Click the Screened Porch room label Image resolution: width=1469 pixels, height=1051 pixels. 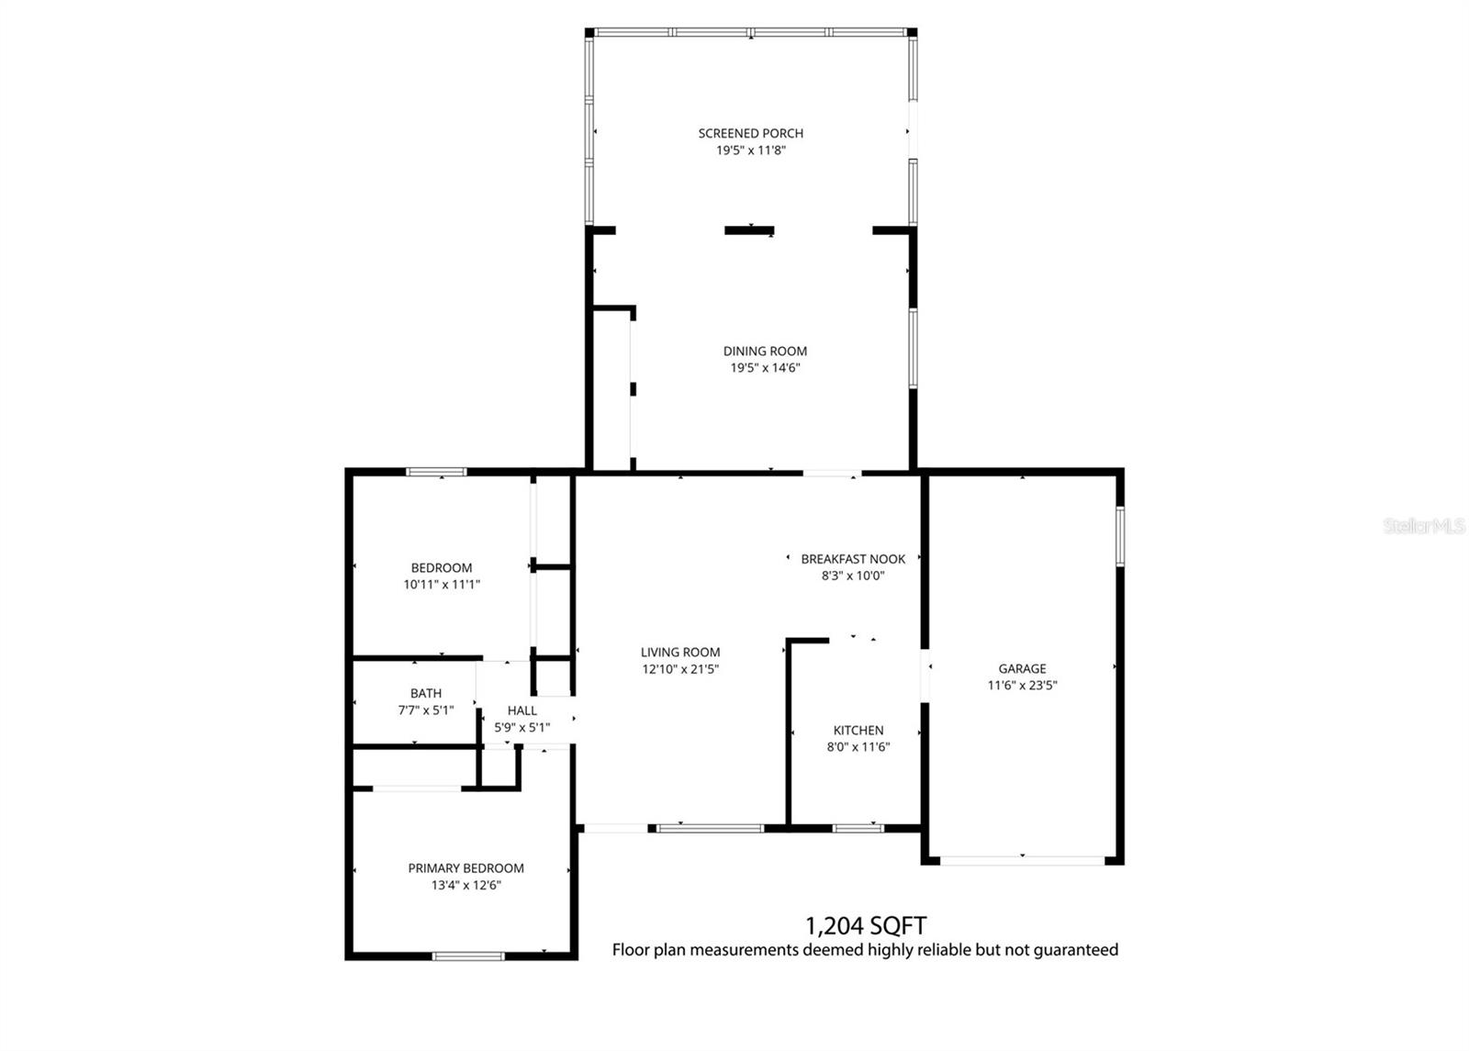point(750,133)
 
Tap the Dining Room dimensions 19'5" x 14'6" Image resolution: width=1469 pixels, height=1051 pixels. point(765,368)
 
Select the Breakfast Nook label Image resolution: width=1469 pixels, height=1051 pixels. point(853,559)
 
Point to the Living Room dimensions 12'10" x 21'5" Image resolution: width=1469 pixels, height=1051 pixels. point(680,669)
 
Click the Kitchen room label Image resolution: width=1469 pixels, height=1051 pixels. point(858,731)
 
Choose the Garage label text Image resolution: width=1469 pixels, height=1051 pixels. point(1022,669)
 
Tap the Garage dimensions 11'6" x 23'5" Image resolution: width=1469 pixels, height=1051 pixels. point(1022,685)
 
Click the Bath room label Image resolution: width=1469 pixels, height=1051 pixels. point(426,694)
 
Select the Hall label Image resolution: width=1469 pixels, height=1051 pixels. point(522,710)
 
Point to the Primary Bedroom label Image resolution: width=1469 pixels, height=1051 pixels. point(466,868)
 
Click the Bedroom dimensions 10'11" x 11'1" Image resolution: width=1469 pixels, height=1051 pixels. point(442,584)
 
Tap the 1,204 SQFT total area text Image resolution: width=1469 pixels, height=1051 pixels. point(865,924)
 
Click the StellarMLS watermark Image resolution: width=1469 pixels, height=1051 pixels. point(1424,527)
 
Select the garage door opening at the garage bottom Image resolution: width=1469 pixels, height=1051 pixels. point(1023,861)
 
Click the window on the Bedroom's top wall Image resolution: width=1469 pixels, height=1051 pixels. point(437,473)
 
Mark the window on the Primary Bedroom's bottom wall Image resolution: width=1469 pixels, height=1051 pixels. point(468,956)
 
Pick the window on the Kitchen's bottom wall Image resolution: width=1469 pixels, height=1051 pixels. point(858,828)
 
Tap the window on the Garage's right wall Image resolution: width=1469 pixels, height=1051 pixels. point(1119,536)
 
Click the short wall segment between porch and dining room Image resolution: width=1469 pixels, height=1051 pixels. point(749,230)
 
